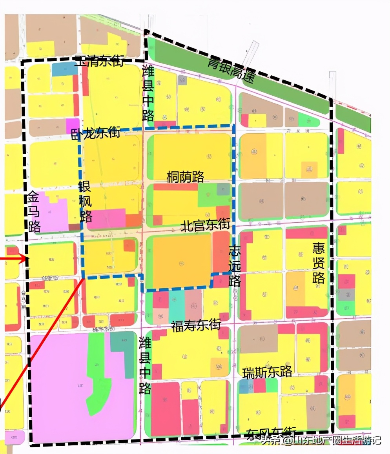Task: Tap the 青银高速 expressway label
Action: (x=231, y=70)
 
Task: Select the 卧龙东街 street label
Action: (x=95, y=134)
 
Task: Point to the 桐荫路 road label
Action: (x=185, y=177)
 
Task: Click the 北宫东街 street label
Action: (x=205, y=225)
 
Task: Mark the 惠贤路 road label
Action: (x=318, y=263)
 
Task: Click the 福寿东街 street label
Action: (x=196, y=325)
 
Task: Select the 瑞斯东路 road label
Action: (x=267, y=372)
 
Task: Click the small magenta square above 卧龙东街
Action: (x=73, y=123)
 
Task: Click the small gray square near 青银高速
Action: (x=182, y=80)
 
